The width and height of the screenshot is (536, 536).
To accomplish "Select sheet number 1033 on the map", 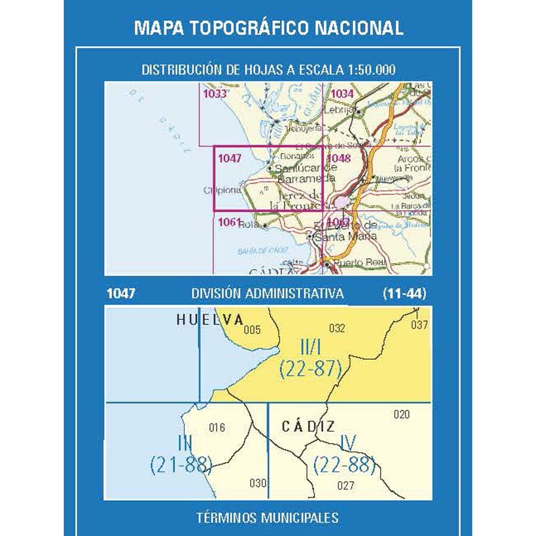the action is pos(214,93).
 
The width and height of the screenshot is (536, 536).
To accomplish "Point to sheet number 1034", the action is pos(342,94).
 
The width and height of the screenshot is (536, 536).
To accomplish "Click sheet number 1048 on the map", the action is pos(339,158).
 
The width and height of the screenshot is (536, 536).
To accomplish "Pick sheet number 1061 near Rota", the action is pos(229,223).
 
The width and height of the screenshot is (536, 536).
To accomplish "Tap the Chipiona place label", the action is pos(223,190).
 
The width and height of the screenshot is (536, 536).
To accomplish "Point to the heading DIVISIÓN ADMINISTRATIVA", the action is pos(267,294).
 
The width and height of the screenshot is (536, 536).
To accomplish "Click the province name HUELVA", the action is pos(210,320).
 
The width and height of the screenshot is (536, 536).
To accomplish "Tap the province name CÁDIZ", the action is pos(308,426).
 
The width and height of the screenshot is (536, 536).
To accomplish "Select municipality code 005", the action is pos(252,329).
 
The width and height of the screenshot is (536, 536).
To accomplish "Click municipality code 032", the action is pos(337,327).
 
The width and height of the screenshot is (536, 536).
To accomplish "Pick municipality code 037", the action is pos(419,325).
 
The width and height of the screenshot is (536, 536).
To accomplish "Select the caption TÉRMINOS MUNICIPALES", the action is pos(267,518).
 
